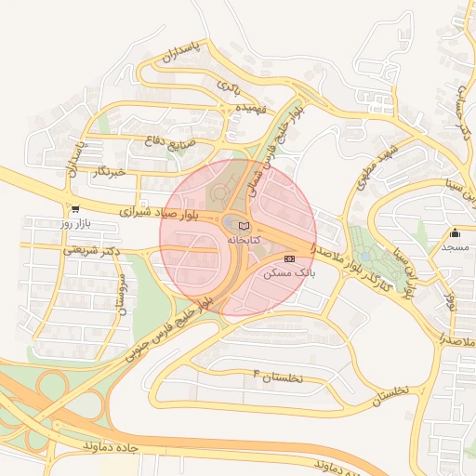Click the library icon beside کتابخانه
tap(245, 226)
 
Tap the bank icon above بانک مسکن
tap(289, 258)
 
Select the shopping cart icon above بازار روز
tap(74, 209)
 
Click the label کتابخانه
tap(245, 240)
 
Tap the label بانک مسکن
tap(289, 273)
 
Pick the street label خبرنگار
tap(110, 171)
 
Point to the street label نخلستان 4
tap(285, 376)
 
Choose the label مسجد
tap(456, 247)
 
